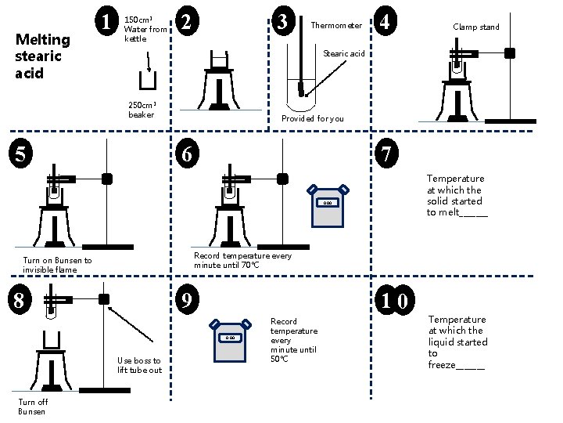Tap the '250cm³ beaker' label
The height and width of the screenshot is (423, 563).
tap(142, 110)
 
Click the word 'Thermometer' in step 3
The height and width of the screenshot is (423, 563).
tap(336, 26)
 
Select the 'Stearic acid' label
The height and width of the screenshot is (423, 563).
tap(344, 54)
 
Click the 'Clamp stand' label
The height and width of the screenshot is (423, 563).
tap(475, 27)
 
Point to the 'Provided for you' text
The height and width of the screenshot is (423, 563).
tap(312, 118)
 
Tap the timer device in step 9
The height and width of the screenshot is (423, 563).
tap(229, 339)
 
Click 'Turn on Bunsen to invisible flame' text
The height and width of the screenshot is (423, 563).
tap(57, 265)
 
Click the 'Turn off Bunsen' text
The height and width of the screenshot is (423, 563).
tap(33, 406)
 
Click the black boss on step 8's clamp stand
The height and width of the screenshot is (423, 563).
tap(103, 299)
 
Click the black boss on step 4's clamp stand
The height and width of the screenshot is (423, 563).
tap(510, 53)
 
